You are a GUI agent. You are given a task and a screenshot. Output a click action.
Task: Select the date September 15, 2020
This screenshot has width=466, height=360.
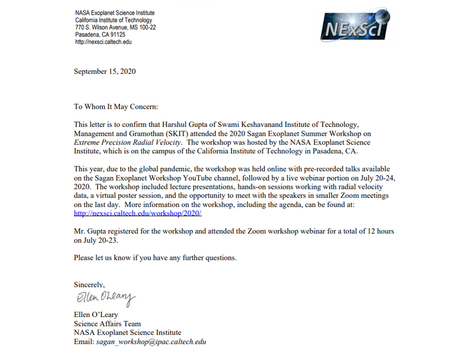coord(105,71)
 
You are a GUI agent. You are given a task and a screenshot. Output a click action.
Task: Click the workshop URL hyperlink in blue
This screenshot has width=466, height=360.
coord(138,213)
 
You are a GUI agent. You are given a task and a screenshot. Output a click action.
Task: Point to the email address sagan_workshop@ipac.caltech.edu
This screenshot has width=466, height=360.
coord(151,342)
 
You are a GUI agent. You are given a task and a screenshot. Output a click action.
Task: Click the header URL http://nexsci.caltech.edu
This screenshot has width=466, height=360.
coord(103,42)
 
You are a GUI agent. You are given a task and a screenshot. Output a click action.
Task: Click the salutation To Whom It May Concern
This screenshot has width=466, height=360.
coord(116,107)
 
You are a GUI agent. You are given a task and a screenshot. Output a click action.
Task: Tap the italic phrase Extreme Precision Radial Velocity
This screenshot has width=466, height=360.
coord(127,142)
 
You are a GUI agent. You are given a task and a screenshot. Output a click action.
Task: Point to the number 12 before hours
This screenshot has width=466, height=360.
coord(371,231)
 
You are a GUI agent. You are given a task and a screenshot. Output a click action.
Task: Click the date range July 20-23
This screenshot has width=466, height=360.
coord(100,240)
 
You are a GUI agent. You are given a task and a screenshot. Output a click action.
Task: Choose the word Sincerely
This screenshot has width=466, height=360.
coord(89,285)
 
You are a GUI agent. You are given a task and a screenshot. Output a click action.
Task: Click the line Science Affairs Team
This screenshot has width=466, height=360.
coord(107,324)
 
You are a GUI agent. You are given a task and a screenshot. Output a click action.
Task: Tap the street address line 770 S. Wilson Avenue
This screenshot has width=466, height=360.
coord(115,27)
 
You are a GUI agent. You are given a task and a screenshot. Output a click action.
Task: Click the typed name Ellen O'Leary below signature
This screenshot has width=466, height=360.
coord(96,315)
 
